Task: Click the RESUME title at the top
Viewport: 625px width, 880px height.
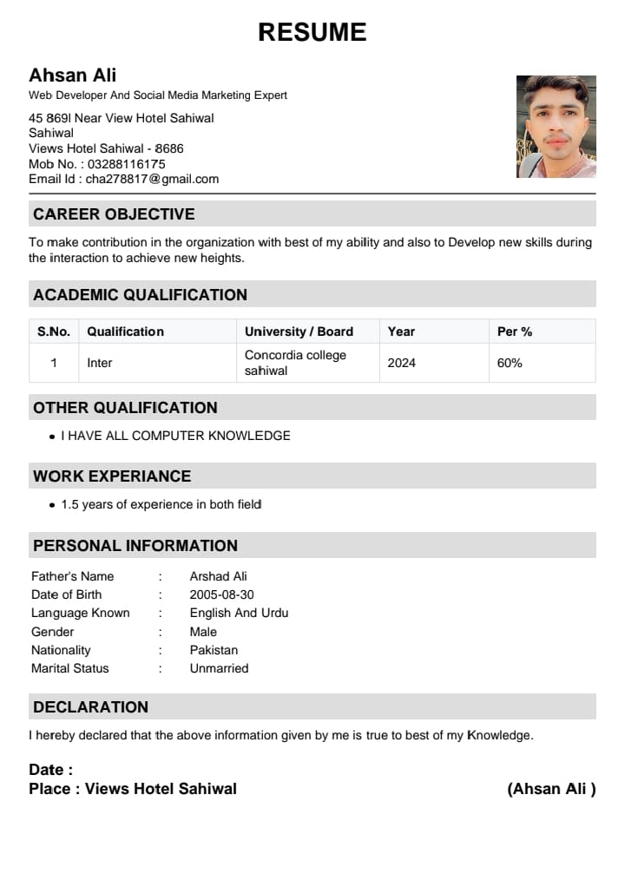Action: (x=312, y=32)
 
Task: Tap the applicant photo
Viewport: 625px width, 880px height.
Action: (x=556, y=127)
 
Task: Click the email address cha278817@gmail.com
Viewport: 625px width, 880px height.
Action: (x=152, y=180)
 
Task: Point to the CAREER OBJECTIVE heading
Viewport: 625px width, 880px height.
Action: (x=114, y=213)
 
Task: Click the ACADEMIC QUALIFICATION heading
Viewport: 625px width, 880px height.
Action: (x=140, y=295)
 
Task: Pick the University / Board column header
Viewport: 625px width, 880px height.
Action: (x=299, y=332)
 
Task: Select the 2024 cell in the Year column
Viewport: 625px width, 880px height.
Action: (x=402, y=363)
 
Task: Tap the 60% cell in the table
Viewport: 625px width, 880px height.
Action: (x=510, y=363)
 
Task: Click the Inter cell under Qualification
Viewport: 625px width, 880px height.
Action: (x=100, y=363)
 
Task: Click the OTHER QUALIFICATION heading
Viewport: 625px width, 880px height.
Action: (x=125, y=408)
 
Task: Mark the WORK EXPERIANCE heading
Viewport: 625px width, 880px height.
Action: (x=112, y=476)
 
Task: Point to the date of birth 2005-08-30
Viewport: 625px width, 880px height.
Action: (x=221, y=594)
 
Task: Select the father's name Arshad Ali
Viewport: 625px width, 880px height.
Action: (x=219, y=576)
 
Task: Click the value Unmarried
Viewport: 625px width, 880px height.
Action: (x=219, y=668)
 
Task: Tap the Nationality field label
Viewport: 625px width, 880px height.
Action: (x=61, y=650)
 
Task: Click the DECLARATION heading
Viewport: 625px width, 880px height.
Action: (x=90, y=707)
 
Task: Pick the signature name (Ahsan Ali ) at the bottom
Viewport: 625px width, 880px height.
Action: (x=551, y=789)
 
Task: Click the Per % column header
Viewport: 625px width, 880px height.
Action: (x=515, y=332)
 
